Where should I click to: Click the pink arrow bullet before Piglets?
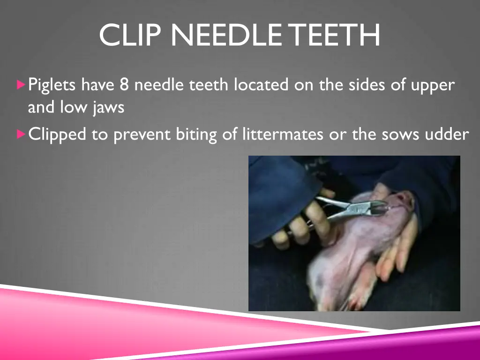coord(20,85)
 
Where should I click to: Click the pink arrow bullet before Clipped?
coord(20,135)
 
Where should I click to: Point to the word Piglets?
coord(52,86)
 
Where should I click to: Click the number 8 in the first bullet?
coord(124,85)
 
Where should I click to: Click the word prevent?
coord(142,135)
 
